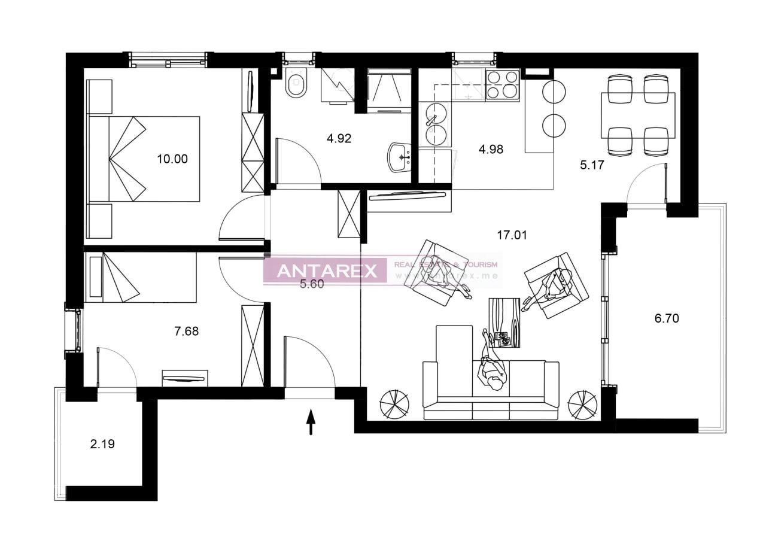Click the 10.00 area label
click(x=172, y=159)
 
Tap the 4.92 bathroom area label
click(x=339, y=139)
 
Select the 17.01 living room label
click(x=512, y=235)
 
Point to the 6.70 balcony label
click(x=667, y=318)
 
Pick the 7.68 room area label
click(x=186, y=330)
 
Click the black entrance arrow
click(x=311, y=422)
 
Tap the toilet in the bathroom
click(x=296, y=83)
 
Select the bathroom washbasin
click(x=399, y=157)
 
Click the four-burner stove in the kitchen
click(x=502, y=84)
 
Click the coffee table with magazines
click(x=504, y=323)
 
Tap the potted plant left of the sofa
click(x=395, y=404)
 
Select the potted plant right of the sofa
click(x=582, y=405)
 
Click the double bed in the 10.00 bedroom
click(x=144, y=159)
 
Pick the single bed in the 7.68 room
click(x=141, y=277)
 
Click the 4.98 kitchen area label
click(x=491, y=150)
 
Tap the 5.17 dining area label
click(x=592, y=165)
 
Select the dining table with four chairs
click(x=638, y=115)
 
